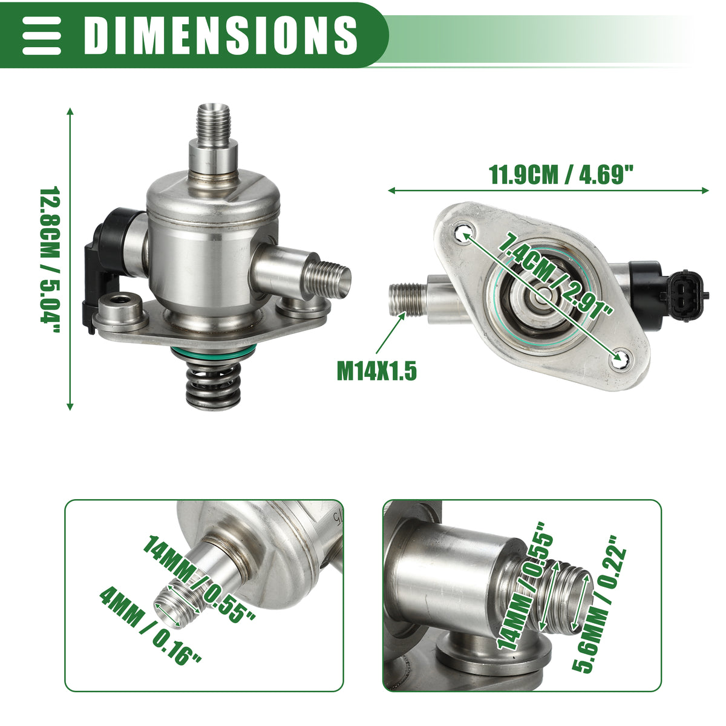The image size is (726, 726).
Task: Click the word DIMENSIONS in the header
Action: coord(220,36)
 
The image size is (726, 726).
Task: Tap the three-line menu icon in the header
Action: coord(42,36)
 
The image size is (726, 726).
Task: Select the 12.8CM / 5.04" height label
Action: coord(50,260)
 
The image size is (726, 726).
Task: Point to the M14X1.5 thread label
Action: coord(377,370)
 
